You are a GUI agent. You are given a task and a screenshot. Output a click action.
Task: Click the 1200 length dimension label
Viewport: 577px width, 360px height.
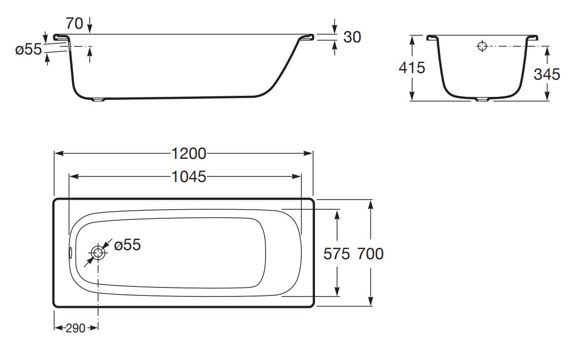click(x=189, y=153)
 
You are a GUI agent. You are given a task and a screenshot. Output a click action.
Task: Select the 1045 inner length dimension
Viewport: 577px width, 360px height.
click(x=189, y=177)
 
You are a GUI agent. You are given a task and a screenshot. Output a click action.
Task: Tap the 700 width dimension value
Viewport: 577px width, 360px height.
click(x=370, y=254)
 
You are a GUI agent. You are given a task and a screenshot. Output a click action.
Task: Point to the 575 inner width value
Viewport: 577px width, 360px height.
click(x=336, y=254)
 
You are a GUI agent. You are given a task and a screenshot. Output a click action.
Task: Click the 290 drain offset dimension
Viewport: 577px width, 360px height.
click(x=76, y=328)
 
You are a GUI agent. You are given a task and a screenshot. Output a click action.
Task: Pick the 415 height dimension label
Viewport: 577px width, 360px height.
click(x=412, y=68)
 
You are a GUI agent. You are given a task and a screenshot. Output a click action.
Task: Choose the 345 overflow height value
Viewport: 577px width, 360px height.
click(x=547, y=74)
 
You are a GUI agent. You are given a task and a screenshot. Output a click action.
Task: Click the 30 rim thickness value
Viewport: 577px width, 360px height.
click(x=352, y=37)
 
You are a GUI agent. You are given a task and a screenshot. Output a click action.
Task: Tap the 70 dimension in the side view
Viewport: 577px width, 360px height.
click(x=75, y=24)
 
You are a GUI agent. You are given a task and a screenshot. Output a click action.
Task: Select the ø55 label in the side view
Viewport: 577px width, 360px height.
click(x=29, y=49)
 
